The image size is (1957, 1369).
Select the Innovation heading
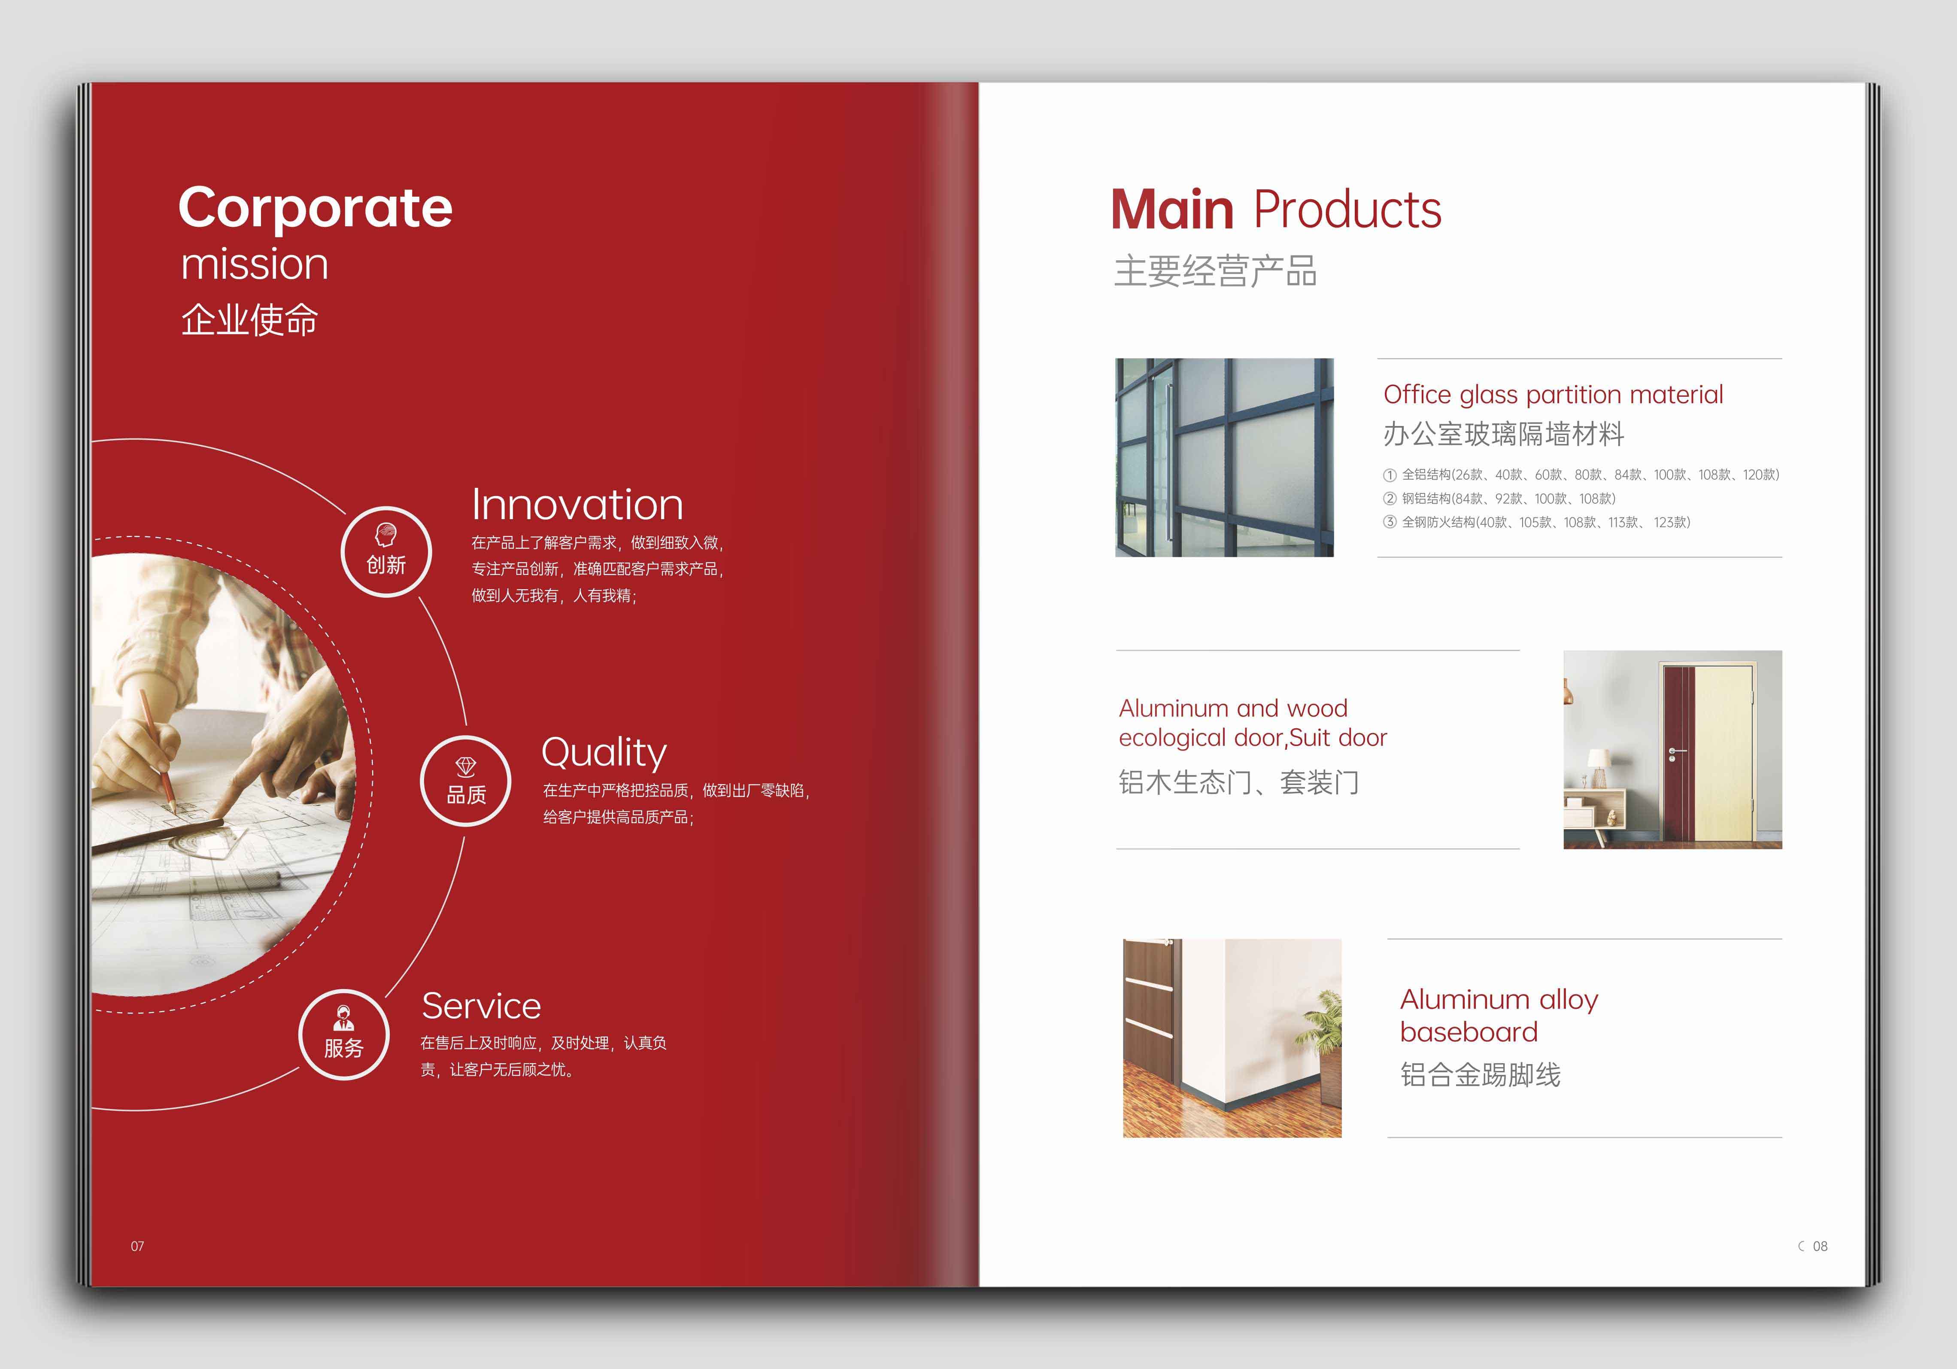[577, 505]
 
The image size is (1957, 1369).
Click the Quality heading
[604, 753]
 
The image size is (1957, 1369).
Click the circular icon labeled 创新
[386, 551]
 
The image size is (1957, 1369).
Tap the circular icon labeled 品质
[466, 781]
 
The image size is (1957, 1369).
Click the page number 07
[137, 1246]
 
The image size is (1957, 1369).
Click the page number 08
[1820, 1246]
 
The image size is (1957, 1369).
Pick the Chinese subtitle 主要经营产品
[1216, 271]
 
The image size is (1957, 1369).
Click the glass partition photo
[1224, 458]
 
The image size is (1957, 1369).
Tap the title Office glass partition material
[1553, 395]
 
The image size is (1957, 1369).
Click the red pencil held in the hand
[158, 750]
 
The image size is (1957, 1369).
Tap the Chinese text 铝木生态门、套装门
[1238, 782]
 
